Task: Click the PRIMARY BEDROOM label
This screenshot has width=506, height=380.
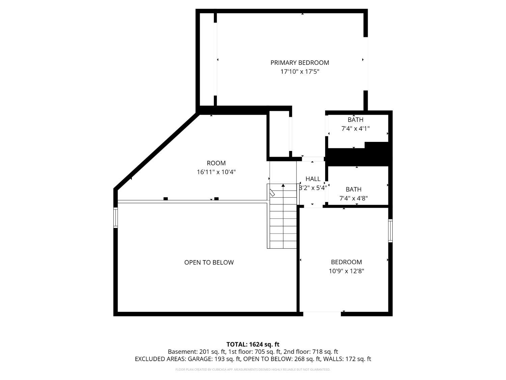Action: pyautogui.click(x=300, y=63)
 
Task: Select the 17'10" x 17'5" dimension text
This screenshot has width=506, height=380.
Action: pyautogui.click(x=300, y=72)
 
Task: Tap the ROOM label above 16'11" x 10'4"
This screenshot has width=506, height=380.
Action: pyautogui.click(x=216, y=163)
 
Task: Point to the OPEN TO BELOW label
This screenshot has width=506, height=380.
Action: pyautogui.click(x=209, y=262)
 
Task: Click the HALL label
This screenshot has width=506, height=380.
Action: pyautogui.click(x=313, y=179)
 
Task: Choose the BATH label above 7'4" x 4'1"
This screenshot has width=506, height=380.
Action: pyautogui.click(x=356, y=120)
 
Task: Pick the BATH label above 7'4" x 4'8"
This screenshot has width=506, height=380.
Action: pyautogui.click(x=354, y=189)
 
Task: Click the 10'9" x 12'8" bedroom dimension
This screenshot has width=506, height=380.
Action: pyautogui.click(x=346, y=271)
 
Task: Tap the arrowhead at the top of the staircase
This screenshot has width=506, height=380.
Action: pyautogui.click(x=283, y=185)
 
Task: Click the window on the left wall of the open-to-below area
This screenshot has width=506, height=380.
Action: pyautogui.click(x=115, y=218)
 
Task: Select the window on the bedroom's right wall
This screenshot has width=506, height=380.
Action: pyautogui.click(x=390, y=231)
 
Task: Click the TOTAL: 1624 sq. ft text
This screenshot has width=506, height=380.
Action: pyautogui.click(x=253, y=345)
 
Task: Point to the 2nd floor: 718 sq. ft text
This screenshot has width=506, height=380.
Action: pyautogui.click(x=311, y=352)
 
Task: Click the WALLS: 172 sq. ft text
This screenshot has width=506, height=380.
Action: pyautogui.click(x=347, y=359)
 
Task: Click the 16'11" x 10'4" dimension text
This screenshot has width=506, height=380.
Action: pyautogui.click(x=216, y=172)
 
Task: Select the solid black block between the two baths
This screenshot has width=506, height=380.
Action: pyautogui.click(x=358, y=154)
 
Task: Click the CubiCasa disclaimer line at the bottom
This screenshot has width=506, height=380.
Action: pyautogui.click(x=253, y=370)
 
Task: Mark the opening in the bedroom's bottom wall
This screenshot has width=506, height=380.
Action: pyautogui.click(x=322, y=314)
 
